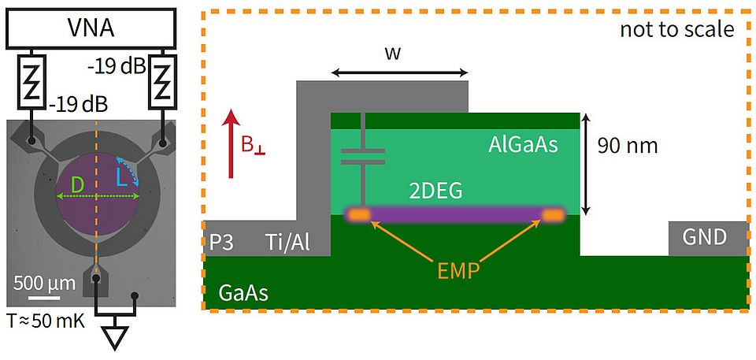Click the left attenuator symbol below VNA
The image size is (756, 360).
(32, 81)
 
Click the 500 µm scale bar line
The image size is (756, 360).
(46, 297)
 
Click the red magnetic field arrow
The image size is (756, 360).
(231, 141)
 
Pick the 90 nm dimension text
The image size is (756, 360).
(627, 147)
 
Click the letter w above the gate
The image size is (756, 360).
(399, 54)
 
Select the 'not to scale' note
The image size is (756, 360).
(676, 30)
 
